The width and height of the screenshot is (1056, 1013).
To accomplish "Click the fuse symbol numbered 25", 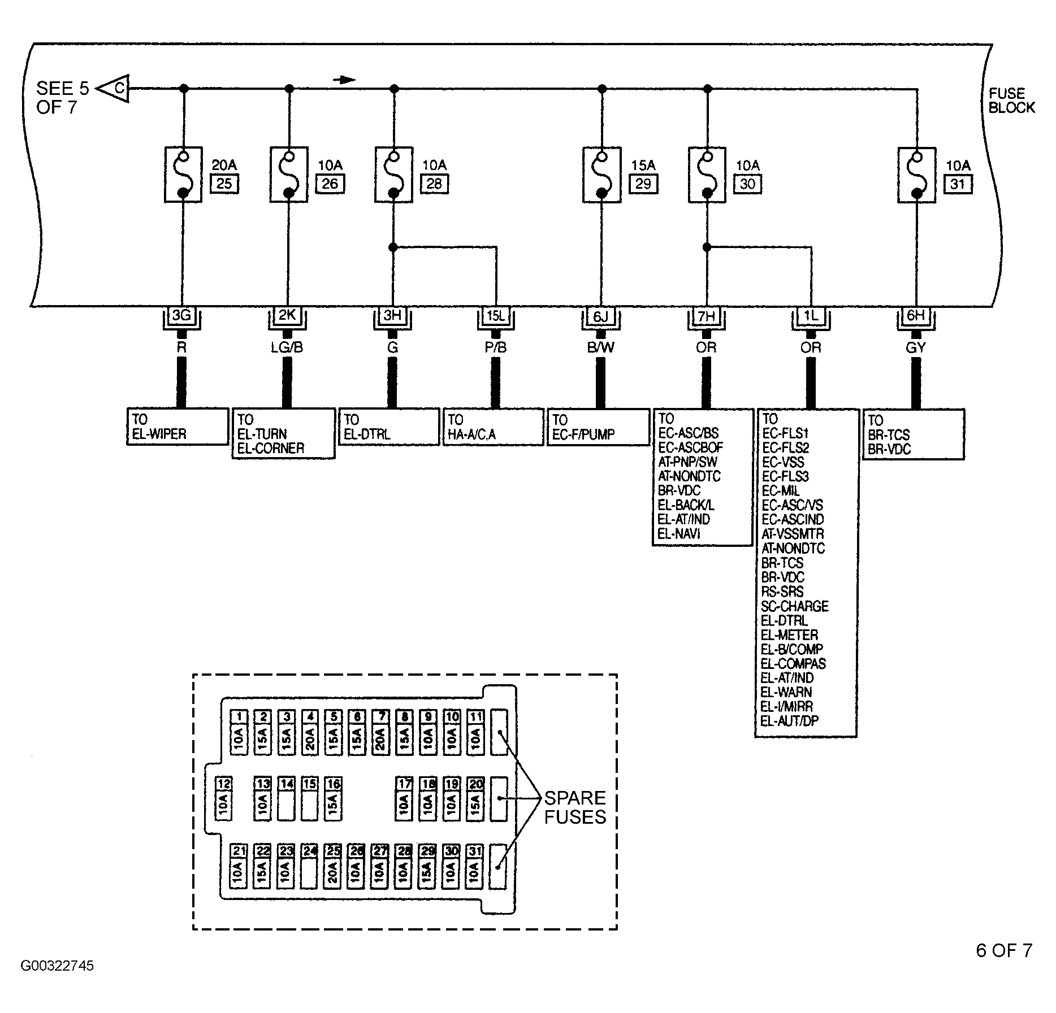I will [183, 175].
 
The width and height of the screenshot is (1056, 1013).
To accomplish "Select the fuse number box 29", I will [643, 184].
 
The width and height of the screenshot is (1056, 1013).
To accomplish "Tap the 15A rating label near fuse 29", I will [643, 165].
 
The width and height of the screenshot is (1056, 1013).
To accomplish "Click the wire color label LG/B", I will [287, 348].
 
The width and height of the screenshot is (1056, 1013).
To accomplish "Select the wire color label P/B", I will [496, 348].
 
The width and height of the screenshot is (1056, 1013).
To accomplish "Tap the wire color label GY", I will [915, 348].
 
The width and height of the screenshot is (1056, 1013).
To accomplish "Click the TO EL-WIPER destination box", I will [178, 427].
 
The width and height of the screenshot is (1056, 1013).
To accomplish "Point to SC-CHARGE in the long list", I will [795, 607].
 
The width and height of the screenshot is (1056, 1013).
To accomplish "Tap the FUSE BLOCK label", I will [1011, 101].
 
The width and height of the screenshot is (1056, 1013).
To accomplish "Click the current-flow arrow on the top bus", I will [345, 80].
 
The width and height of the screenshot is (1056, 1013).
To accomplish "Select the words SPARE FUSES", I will [574, 807].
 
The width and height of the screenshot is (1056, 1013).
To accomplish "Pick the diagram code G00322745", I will [57, 966].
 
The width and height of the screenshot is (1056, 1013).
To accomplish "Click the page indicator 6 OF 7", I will [1004, 950].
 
